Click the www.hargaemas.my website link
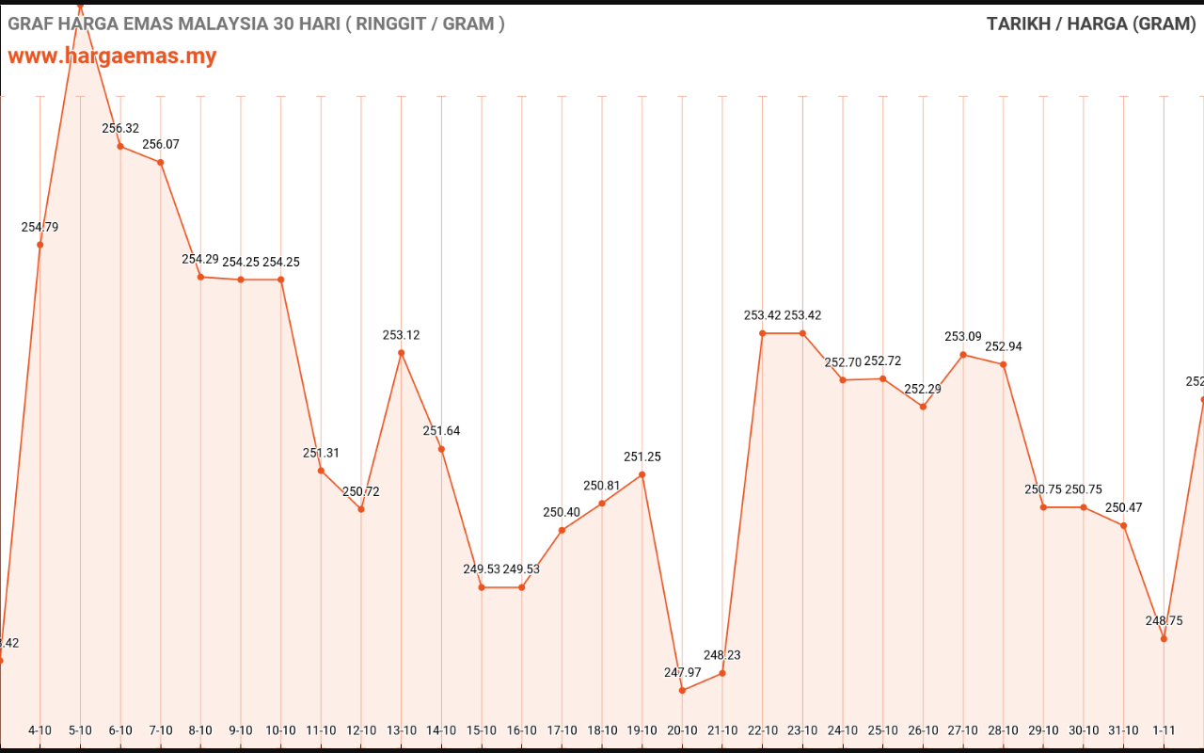pos(112,56)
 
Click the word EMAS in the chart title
pos(150,24)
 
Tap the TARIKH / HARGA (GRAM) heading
pos(1091,24)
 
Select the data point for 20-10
pos(682,690)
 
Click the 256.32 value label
pos(120,128)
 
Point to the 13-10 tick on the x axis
pos(402,730)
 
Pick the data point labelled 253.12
pos(402,353)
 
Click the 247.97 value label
pos(682,672)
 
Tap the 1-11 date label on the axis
pos(1164,730)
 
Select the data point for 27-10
pos(963,355)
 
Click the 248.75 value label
pos(1164,620)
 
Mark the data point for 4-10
pos(40,245)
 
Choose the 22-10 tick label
pos(763,730)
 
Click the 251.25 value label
pos(642,457)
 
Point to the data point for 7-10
pos(161,163)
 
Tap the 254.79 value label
pos(40,227)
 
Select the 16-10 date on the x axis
pos(522,730)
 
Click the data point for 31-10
pos(1124,525)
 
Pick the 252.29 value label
pos(923,389)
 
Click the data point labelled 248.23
pos(722,673)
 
